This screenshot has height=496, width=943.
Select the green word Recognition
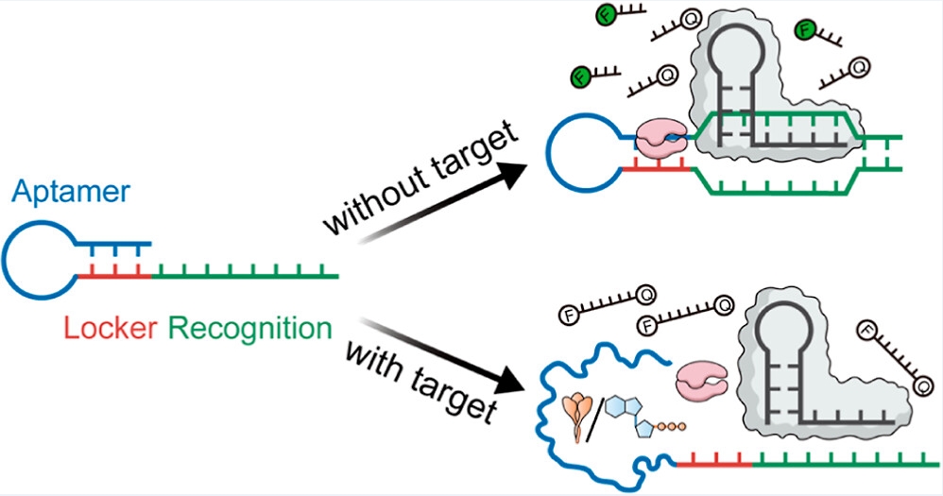pos(249,330)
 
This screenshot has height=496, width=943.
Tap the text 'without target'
pos(420,180)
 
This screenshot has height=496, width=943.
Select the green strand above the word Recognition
pos(246,276)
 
